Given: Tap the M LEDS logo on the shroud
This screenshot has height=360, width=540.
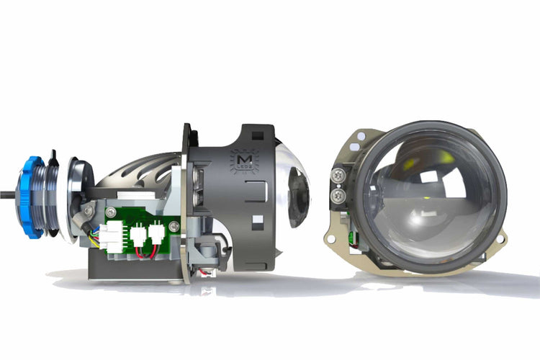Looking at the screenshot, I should point(240,160).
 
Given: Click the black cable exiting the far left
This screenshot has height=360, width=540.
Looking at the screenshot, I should point(7,193).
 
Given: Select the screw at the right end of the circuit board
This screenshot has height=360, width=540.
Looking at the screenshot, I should point(175,227).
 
